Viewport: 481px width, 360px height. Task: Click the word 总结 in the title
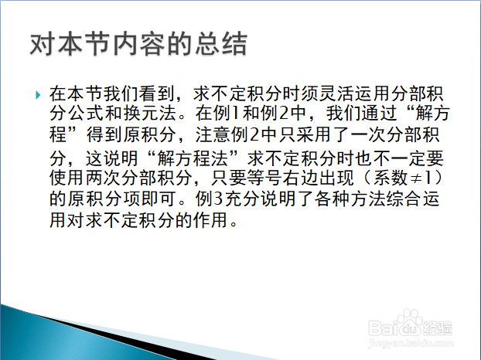click(221, 44)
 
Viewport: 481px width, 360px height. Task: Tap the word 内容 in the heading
click(139, 44)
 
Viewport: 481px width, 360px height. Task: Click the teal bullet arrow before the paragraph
click(38, 95)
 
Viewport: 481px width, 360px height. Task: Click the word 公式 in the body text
click(85, 113)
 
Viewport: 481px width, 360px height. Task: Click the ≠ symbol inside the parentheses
click(416, 178)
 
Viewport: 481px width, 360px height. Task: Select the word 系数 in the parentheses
click(390, 178)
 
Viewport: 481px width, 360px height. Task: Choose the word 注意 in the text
click(213, 134)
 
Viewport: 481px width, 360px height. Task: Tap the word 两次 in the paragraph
click(103, 178)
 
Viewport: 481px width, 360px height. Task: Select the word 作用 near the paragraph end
click(210, 220)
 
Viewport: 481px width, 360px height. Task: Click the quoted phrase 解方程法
click(193, 158)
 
